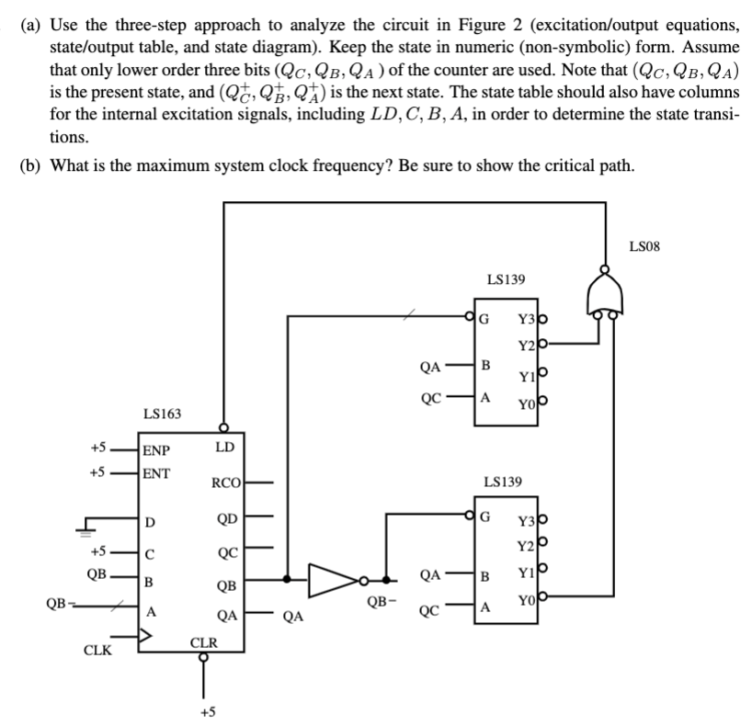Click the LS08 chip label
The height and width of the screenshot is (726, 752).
pos(647,245)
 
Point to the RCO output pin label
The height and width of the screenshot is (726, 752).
pos(225,482)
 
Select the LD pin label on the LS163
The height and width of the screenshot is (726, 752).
pos(223,448)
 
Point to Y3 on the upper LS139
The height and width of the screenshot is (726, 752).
pos(527,320)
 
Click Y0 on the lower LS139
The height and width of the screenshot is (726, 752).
pos(527,602)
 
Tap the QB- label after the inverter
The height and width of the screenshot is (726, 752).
pos(380,602)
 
